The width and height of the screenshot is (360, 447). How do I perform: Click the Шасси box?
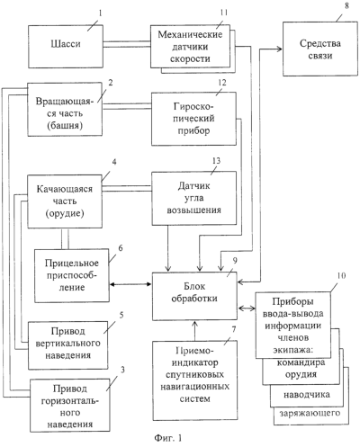click(x=66, y=47)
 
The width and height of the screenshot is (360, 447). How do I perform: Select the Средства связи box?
click(x=320, y=49)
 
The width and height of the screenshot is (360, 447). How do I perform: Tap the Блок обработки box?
click(x=194, y=296)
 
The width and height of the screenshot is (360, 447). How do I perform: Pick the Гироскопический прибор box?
click(x=193, y=119)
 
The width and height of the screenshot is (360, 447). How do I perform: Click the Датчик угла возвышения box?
click(x=193, y=198)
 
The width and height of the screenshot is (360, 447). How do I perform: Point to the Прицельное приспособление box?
click(x=72, y=275)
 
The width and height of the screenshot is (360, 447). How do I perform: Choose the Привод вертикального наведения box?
click(x=68, y=345)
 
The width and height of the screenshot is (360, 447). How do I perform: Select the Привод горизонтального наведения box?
click(x=70, y=406)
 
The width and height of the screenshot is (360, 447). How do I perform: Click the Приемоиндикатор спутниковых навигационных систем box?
click(x=195, y=380)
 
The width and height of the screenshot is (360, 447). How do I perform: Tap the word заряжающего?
click(x=310, y=414)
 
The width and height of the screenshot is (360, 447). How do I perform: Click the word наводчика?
click(x=307, y=395)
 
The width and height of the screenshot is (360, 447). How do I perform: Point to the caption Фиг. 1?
click(x=168, y=438)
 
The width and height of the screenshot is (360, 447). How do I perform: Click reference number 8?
click(x=346, y=5)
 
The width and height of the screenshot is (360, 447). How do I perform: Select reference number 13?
click(x=216, y=161)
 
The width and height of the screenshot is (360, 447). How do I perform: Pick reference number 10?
click(x=341, y=275)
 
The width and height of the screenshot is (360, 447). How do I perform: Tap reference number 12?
click(x=222, y=83)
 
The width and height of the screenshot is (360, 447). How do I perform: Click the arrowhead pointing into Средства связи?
click(x=279, y=49)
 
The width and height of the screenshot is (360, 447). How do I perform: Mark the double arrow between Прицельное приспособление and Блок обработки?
click(x=130, y=284)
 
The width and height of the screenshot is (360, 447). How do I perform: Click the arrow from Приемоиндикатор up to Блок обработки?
click(x=195, y=331)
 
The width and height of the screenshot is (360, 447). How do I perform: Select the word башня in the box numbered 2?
click(x=65, y=125)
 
